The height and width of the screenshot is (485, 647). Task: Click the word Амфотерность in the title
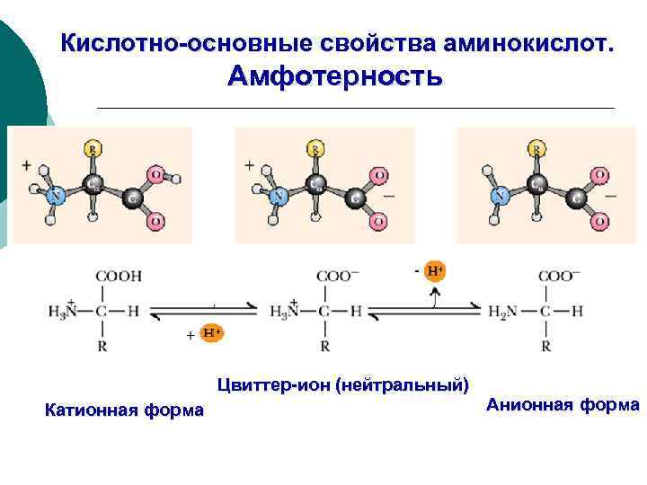334,76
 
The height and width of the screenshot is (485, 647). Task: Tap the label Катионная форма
124,411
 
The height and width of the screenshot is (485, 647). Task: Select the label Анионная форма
563,405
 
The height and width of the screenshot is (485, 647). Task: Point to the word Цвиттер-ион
273,386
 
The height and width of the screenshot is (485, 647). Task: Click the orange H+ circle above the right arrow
435,269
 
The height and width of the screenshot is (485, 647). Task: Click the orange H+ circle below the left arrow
211,333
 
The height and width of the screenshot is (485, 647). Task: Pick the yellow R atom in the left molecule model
93,148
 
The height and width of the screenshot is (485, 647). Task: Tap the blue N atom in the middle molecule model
279,194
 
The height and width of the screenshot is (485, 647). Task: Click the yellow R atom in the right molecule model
536,148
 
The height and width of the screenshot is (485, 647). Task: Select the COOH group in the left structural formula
120,277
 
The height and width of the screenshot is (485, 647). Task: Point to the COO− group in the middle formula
334,277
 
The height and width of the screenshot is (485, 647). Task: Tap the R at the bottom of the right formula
545,345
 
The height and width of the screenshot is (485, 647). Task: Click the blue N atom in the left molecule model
56,194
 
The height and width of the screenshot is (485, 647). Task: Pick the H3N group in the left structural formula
66,311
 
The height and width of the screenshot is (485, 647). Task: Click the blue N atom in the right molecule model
499,194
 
